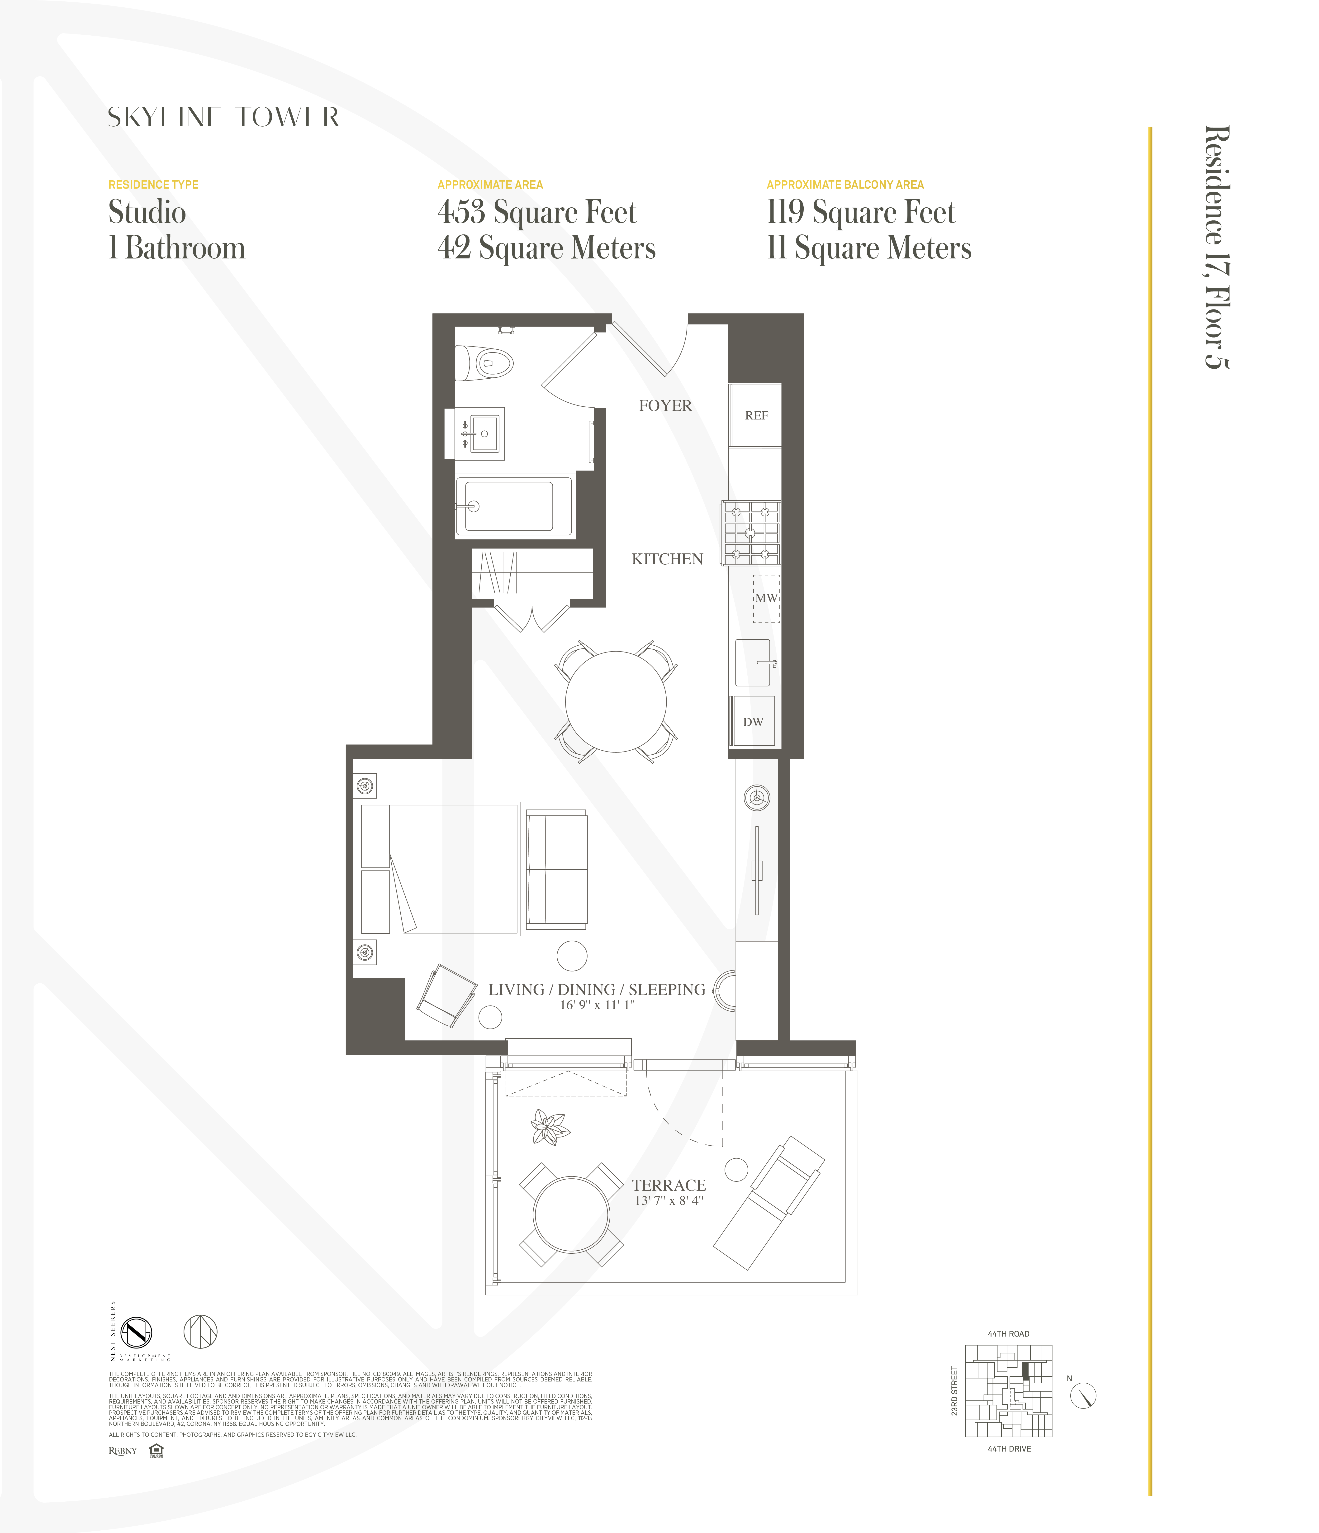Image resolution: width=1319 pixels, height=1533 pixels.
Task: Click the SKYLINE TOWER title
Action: point(223,117)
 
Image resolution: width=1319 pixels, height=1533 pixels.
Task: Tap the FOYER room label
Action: point(665,405)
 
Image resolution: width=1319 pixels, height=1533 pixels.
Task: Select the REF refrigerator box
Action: point(755,415)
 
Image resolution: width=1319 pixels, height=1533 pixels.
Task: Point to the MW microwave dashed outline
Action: point(766,598)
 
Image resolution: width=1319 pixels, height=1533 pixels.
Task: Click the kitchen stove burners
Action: point(751,533)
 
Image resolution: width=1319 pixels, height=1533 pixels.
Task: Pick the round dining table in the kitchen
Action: point(616,701)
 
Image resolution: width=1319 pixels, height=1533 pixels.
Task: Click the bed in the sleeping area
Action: point(440,869)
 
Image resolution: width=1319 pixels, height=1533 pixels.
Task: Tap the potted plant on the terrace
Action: point(550,1128)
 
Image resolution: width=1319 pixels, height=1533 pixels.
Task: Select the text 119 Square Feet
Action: point(861,212)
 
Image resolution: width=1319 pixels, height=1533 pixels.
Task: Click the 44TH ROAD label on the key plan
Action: point(1008,1333)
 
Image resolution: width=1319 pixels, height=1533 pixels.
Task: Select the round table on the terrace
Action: point(571,1214)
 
